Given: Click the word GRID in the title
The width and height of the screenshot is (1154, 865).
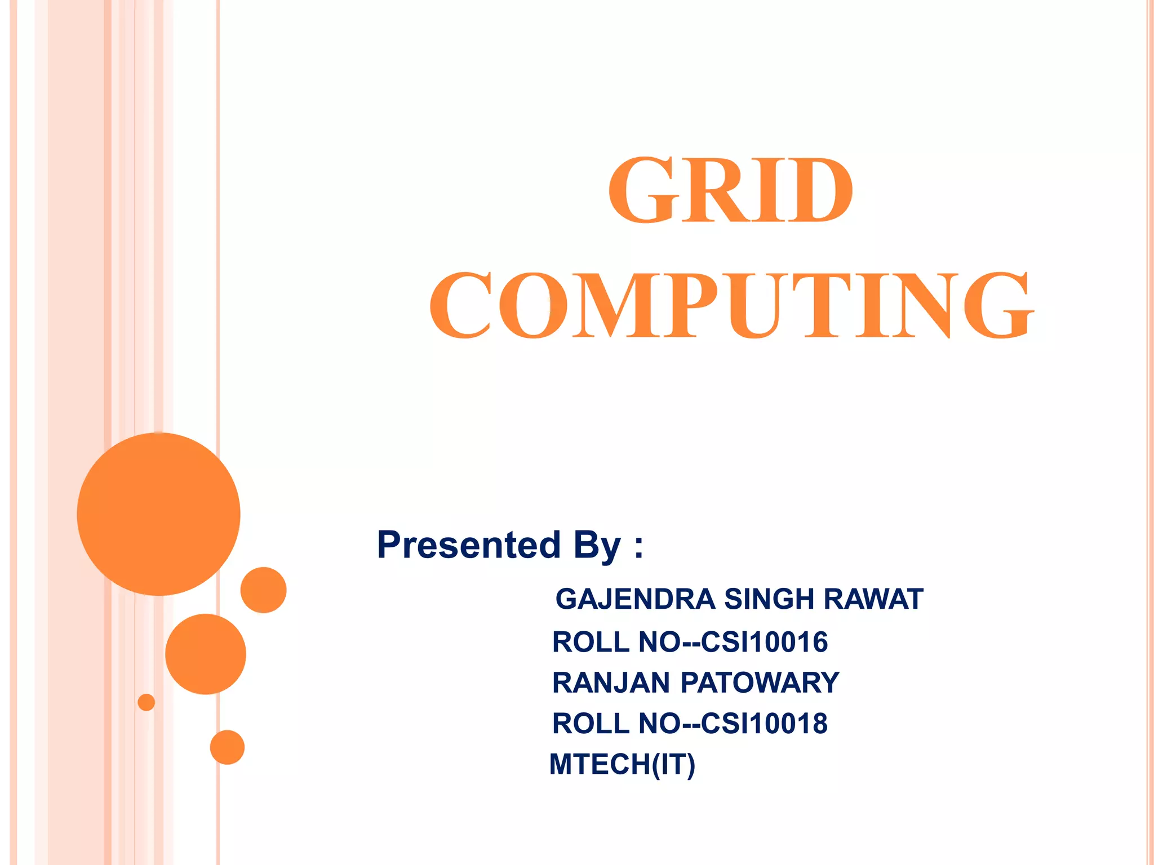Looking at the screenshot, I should (730, 190).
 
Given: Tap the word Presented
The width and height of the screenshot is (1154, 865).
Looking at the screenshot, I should (469, 545).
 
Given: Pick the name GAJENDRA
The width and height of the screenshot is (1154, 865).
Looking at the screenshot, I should (635, 599).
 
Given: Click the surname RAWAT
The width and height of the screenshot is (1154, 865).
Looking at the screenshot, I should (873, 599).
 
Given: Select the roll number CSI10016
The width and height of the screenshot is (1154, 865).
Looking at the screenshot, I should (765, 642).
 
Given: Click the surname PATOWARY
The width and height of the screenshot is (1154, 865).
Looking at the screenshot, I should (760, 683).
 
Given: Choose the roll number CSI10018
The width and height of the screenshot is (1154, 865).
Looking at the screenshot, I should (765, 723).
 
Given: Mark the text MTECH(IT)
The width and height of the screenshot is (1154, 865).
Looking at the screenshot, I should (623, 764).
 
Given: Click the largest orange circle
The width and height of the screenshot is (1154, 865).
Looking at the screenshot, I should (159, 514).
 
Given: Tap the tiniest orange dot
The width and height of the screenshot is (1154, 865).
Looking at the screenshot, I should (147, 702).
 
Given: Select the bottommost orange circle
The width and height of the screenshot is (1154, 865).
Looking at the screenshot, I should (227, 747).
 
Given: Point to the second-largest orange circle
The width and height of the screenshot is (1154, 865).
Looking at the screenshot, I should (206, 654).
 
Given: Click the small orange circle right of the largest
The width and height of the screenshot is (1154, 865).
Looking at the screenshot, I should (263, 590).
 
